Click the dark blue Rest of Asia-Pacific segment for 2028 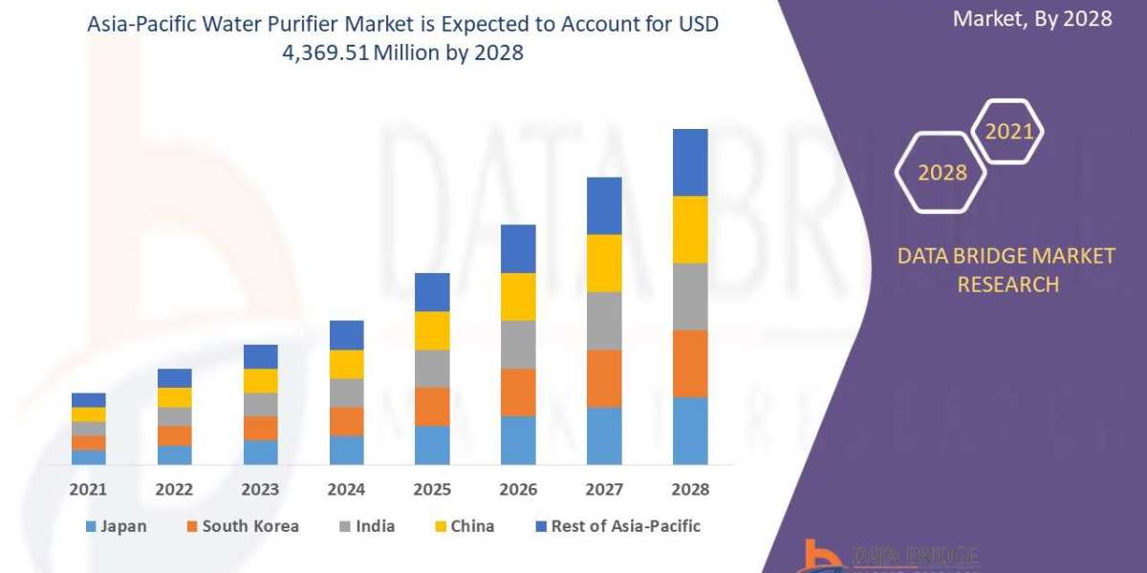point(690,162)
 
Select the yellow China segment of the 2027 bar point(604,263)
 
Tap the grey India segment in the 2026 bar point(518,344)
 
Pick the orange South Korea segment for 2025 point(432,406)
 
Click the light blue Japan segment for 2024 point(346,450)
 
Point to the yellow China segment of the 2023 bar point(260,380)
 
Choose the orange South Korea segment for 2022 point(174,435)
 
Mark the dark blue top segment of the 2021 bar point(89,399)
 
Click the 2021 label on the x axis point(89,489)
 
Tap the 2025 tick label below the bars point(432,489)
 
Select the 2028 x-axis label point(690,489)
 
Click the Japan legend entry point(116,526)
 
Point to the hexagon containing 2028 point(941,173)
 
